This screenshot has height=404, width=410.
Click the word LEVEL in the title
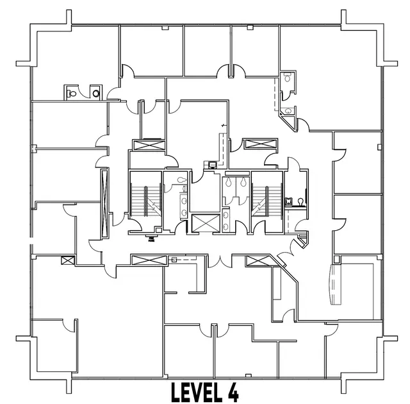197,392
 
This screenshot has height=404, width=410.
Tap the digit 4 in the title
233,392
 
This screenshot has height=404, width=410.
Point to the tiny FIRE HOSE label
151,239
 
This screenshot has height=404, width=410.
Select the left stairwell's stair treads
145,199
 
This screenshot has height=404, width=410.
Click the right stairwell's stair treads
267,199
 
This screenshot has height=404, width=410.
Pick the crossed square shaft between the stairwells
206,223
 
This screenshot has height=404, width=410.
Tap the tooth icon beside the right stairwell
288,202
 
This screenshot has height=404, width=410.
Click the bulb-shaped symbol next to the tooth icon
300,202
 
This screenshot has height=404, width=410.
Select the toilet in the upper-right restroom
288,78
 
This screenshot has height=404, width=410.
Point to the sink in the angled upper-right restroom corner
288,111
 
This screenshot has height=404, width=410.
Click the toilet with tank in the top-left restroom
71,93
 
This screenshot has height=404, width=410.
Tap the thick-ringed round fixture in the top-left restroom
96,94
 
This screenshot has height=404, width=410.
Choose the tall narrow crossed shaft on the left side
104,203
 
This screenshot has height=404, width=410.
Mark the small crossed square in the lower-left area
68,260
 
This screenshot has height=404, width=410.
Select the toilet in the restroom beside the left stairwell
181,180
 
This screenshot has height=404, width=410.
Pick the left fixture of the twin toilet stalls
229,182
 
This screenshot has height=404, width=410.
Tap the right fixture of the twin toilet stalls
243,182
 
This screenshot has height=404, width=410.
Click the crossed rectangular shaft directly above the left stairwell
149,145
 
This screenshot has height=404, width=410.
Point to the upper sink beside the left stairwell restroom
184,201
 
